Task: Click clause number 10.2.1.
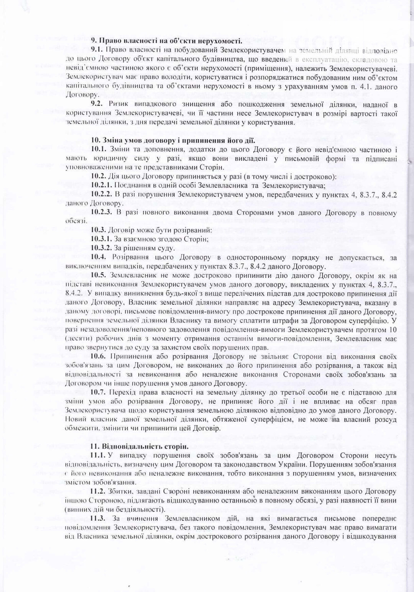(x=103, y=186)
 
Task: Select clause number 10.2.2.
(x=103, y=195)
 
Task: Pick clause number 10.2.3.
(x=103, y=213)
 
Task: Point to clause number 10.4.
(x=99, y=257)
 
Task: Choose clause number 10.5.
(x=99, y=275)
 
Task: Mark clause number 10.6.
(x=99, y=356)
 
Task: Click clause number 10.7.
(x=99, y=392)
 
